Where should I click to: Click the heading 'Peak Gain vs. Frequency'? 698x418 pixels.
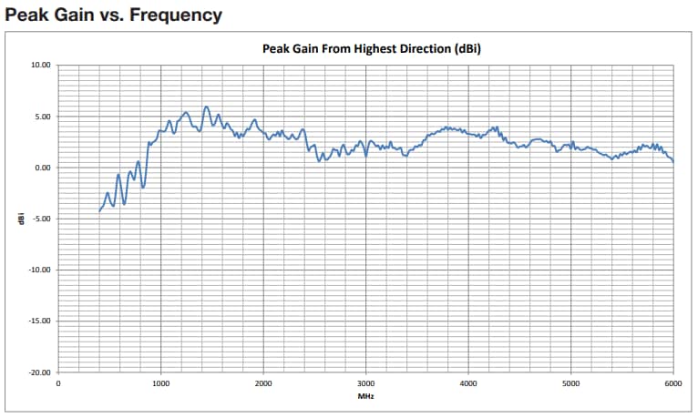114,15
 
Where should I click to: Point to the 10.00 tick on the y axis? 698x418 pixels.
41,66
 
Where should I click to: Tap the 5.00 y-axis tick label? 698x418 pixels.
43,117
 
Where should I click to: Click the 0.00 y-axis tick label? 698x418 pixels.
43,168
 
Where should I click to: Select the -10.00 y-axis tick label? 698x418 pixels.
40,270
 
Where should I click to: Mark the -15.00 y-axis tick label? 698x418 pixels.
40,321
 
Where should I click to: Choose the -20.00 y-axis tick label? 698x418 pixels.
40,372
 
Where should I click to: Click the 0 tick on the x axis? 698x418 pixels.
58,384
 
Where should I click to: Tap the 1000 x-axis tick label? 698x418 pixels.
160,384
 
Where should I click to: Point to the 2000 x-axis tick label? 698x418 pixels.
263,384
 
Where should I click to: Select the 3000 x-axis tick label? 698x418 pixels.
365,384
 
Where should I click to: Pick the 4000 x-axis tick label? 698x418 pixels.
468,384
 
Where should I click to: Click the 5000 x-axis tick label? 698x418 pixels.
570,384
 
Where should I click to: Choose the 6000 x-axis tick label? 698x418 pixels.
672,384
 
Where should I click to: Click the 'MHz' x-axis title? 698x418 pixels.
365,397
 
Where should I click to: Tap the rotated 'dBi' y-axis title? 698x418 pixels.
21,219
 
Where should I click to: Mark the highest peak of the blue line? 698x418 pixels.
206,107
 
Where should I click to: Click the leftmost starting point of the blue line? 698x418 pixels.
99,211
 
